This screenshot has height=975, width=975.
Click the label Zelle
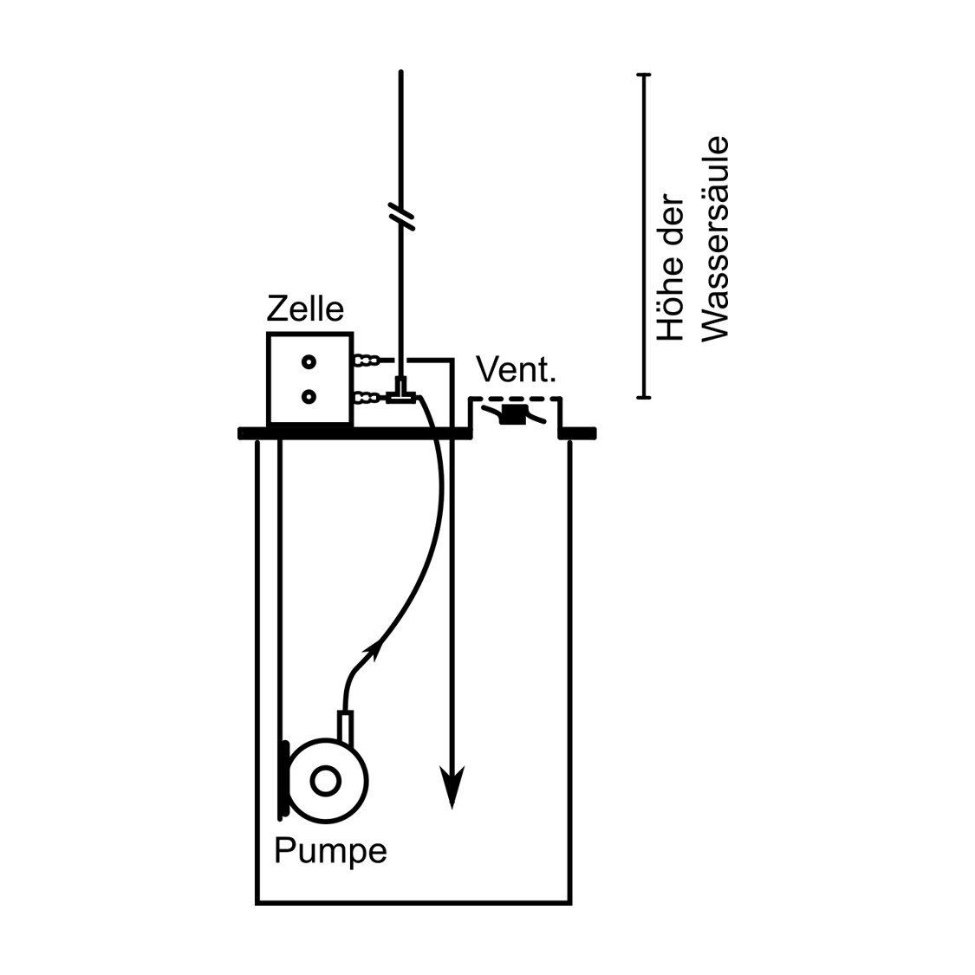(x=305, y=309)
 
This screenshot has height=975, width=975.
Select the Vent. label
(x=516, y=371)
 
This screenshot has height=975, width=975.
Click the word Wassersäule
(x=714, y=238)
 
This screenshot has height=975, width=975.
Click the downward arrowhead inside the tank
(x=452, y=786)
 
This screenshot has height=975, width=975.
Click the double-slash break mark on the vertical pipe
(x=401, y=216)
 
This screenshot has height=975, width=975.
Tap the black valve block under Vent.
(x=514, y=415)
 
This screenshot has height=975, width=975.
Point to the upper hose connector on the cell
(x=368, y=360)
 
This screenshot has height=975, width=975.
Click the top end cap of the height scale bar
(x=644, y=75)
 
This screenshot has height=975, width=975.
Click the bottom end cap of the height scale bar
(x=644, y=397)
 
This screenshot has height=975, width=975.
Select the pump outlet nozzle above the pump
(x=347, y=727)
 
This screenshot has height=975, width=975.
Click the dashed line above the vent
(x=516, y=398)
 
